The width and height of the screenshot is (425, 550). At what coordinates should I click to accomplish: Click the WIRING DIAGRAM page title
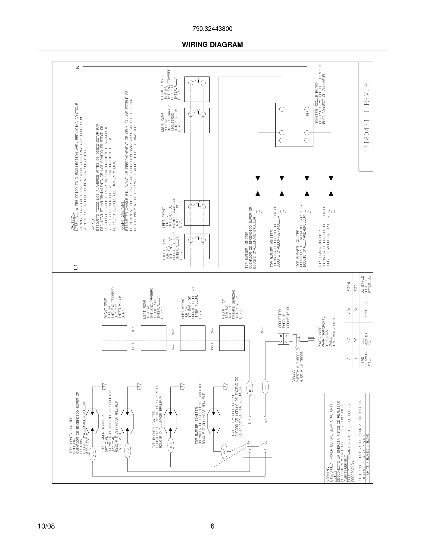(212, 45)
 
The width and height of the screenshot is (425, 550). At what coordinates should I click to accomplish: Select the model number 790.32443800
(212, 29)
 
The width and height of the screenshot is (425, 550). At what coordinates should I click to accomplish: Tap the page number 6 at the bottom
(212, 526)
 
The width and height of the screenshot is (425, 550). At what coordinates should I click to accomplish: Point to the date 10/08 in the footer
(46, 526)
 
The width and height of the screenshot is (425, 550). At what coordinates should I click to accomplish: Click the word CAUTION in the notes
(72, 222)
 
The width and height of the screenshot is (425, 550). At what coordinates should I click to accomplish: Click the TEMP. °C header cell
(366, 310)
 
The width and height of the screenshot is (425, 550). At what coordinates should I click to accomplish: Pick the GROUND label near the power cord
(294, 376)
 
